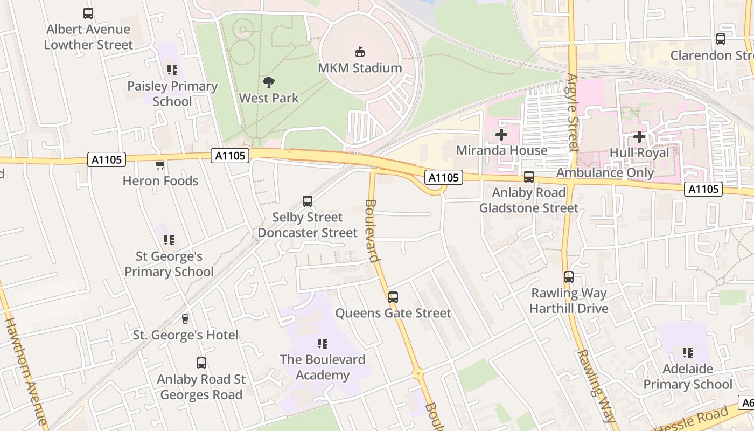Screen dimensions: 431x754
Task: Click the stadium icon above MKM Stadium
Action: click(x=359, y=52)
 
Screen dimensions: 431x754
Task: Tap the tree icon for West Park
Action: click(x=269, y=82)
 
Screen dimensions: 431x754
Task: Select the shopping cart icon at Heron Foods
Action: click(x=160, y=165)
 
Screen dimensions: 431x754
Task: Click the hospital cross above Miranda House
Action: click(x=501, y=135)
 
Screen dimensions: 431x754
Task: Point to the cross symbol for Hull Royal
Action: click(x=639, y=137)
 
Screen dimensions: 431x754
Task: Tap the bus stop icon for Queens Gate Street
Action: click(x=393, y=297)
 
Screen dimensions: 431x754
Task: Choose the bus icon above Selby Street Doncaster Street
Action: click(x=308, y=201)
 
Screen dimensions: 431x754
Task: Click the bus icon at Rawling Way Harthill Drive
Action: click(x=569, y=277)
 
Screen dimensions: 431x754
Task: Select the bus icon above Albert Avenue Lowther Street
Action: click(x=88, y=13)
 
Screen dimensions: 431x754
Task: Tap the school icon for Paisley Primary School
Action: click(x=172, y=70)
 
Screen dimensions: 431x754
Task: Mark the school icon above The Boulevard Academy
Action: click(x=323, y=344)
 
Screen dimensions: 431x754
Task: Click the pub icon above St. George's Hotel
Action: click(x=185, y=319)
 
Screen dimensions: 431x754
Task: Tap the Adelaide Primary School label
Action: click(x=688, y=377)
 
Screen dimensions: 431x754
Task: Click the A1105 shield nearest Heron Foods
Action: click(x=106, y=159)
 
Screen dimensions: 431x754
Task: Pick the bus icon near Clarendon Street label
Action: click(x=721, y=39)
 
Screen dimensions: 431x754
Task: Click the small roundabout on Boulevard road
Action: click(x=418, y=373)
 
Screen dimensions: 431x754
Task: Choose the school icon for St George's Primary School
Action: click(x=169, y=240)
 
